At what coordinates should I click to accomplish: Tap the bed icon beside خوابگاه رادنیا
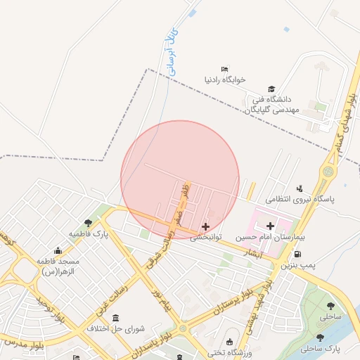point(224,69)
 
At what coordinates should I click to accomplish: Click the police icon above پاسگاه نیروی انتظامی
point(300,188)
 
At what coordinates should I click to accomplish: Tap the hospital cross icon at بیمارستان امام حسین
point(271,225)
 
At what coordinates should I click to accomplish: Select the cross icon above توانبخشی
point(205,226)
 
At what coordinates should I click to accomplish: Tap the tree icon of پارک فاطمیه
point(88,223)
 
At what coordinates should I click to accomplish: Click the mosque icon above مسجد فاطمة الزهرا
point(58,250)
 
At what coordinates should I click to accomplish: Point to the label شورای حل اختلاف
point(115,328)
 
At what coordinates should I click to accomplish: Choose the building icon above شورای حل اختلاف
point(116,316)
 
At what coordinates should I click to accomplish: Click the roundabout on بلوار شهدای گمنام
point(328,171)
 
